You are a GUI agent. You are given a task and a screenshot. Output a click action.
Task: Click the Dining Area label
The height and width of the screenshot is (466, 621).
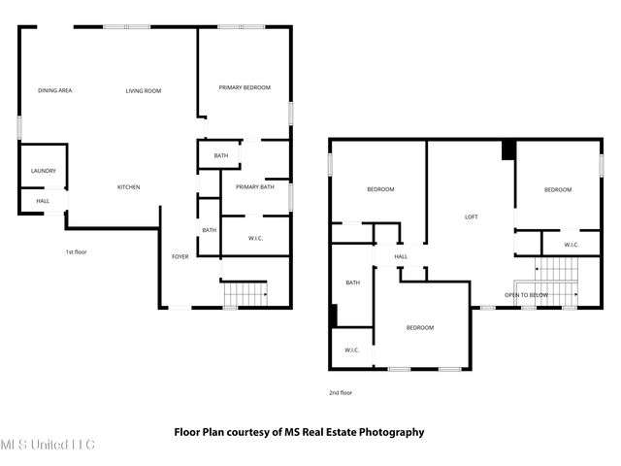(x=55, y=90)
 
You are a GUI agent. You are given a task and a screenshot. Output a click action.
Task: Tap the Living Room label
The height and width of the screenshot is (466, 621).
(x=143, y=90)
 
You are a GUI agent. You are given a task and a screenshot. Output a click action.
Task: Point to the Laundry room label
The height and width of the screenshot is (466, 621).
(x=44, y=172)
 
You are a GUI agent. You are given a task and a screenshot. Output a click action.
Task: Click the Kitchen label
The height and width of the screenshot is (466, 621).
(x=129, y=186)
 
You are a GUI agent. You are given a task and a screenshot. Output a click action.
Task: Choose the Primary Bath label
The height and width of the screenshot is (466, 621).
(x=254, y=186)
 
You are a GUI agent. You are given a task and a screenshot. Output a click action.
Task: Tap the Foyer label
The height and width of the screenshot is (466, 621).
(x=180, y=256)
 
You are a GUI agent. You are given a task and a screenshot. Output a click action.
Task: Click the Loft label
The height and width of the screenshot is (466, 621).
(x=472, y=216)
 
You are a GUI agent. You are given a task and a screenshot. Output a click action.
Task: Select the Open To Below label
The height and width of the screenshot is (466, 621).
(x=526, y=294)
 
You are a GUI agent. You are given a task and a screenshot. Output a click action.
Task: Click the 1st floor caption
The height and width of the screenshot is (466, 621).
(x=77, y=252)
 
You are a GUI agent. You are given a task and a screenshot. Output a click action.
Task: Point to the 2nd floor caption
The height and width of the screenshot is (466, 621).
(x=340, y=393)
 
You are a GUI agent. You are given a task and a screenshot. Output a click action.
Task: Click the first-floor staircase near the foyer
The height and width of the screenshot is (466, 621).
(x=245, y=292)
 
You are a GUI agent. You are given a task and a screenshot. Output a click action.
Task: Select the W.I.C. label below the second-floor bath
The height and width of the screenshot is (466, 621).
(x=351, y=349)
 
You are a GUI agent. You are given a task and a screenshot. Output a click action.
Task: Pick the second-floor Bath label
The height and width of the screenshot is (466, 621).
(x=352, y=283)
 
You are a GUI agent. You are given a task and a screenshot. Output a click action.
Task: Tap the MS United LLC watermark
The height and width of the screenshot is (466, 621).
(x=47, y=446)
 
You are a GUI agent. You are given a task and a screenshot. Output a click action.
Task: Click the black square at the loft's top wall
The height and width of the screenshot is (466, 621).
(x=507, y=150)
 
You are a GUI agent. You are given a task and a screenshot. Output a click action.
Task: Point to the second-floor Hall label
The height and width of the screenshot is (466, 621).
(x=401, y=256)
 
